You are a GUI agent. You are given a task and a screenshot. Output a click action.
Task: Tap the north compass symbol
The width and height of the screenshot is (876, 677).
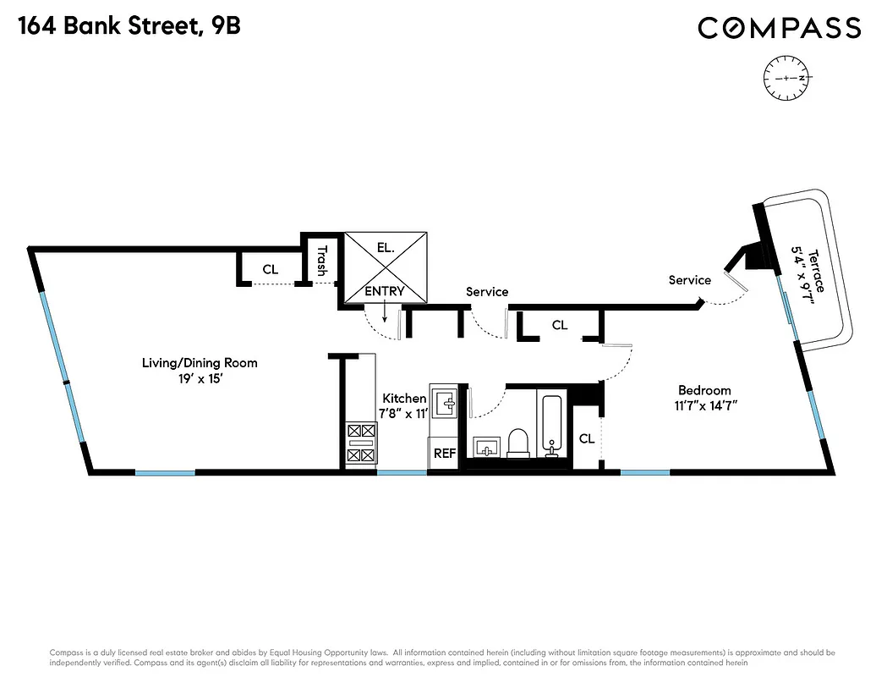tap(786, 77)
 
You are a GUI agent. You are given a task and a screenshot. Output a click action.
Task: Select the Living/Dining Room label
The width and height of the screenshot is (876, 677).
tap(200, 363)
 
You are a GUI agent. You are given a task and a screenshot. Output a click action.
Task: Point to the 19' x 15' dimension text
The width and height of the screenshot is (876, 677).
tap(200, 380)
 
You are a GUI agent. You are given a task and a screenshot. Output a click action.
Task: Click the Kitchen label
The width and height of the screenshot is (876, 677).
tap(404, 399)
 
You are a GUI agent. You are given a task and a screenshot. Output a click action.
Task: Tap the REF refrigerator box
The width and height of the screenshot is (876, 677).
tap(445, 454)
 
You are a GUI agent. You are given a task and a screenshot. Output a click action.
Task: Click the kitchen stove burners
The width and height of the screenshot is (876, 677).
tap(360, 443)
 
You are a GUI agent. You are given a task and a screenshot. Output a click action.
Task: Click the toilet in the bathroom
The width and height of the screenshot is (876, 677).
tap(517, 443)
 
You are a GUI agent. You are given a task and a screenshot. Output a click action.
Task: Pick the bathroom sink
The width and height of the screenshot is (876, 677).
tap(485, 446)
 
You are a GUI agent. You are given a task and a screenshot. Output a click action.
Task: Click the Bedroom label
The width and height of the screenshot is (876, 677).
tap(704, 390)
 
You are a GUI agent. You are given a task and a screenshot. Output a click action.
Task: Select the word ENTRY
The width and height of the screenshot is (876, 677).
tap(385, 291)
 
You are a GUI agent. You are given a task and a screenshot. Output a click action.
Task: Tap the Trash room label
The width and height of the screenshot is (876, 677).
tap(321, 261)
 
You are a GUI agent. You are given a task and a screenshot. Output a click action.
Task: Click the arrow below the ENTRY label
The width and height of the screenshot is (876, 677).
tap(385, 313)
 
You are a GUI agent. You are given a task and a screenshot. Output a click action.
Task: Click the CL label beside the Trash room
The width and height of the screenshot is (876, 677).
tap(270, 270)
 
